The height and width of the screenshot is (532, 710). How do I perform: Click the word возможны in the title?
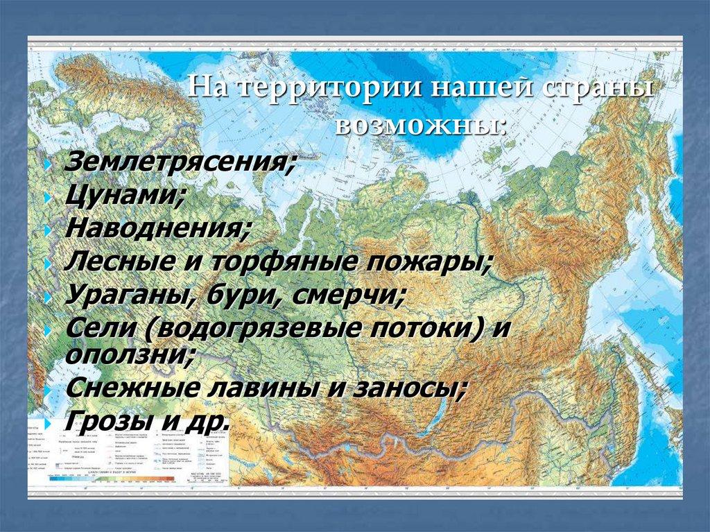coord(419,125)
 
